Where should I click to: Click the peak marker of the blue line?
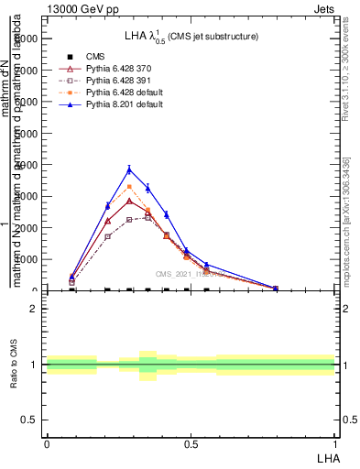tap(129, 169)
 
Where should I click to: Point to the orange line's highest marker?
tap(129, 187)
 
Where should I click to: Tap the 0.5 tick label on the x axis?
tap(191, 444)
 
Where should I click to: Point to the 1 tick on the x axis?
tap(333, 444)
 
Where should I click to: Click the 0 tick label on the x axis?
tap(47, 444)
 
